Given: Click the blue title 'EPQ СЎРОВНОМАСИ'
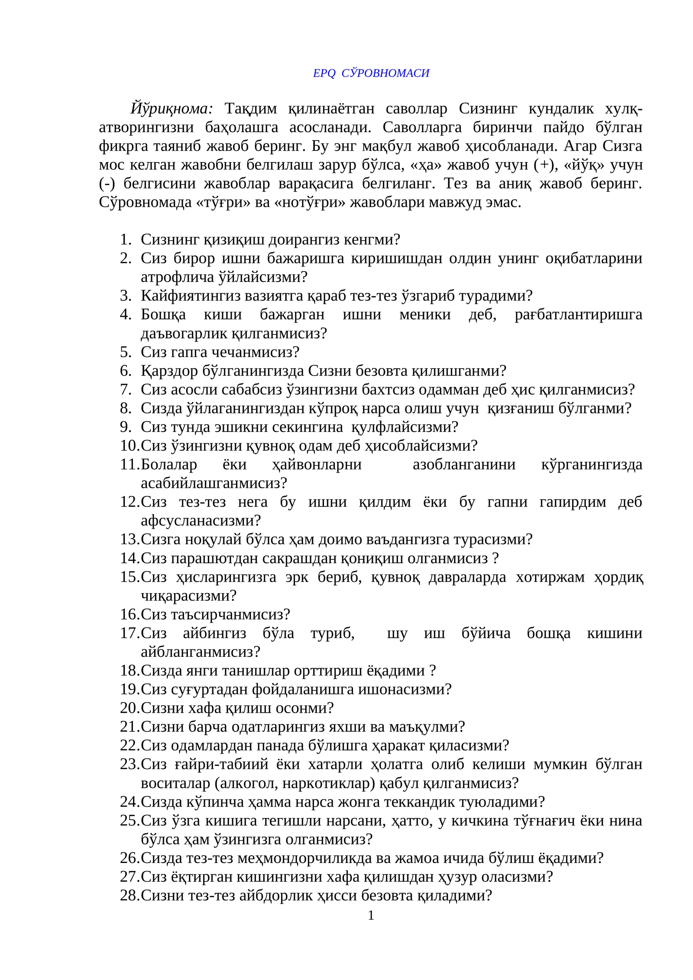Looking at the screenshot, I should pyautogui.click(x=371, y=73).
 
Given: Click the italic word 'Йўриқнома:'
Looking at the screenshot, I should pyautogui.click(x=172, y=109).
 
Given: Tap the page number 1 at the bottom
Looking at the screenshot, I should pyautogui.click(x=371, y=915).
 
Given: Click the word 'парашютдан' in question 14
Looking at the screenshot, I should pyautogui.click(x=213, y=558).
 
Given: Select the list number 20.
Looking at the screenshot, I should pyautogui.click(x=130, y=708).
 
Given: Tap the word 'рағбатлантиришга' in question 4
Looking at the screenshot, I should pyautogui.click(x=578, y=315).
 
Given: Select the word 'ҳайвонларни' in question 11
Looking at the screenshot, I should pyautogui.click(x=317, y=464).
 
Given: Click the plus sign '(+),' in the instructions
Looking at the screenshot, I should pyautogui.click(x=544, y=165).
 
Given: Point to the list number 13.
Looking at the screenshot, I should pyautogui.click(x=130, y=539).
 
